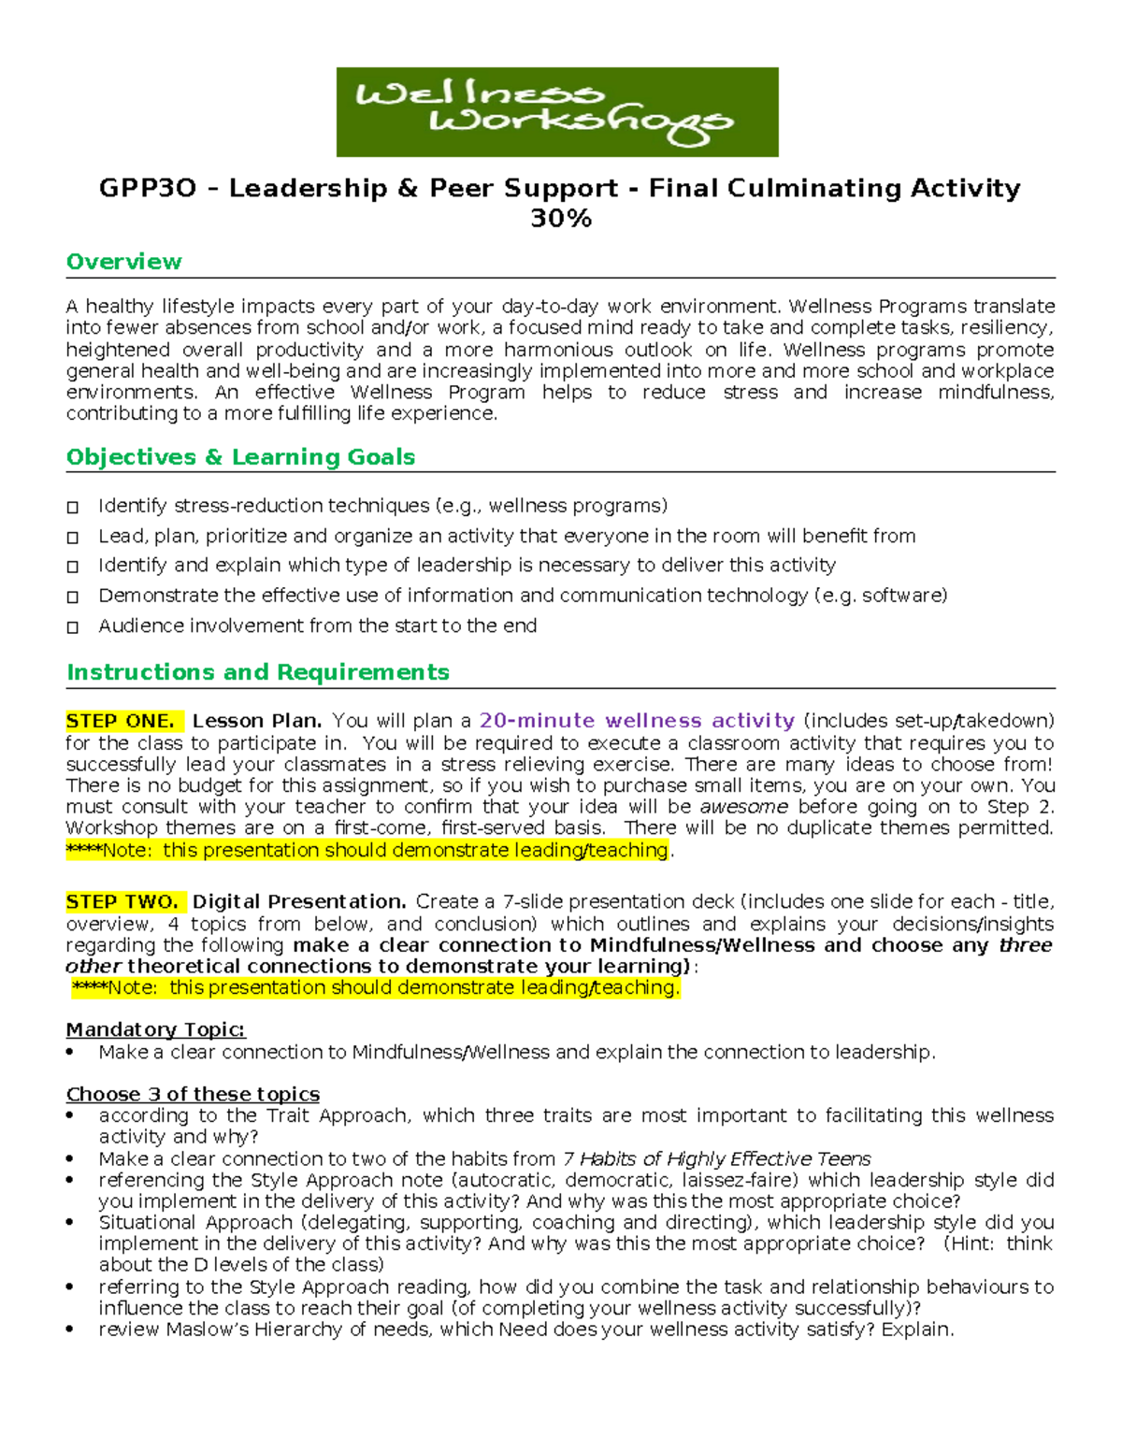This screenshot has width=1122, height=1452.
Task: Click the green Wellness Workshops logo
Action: (x=557, y=111)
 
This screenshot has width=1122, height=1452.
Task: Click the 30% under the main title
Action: (x=560, y=218)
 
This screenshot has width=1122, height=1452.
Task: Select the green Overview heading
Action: (x=123, y=262)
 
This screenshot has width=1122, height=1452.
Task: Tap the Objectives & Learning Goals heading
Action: (x=240, y=457)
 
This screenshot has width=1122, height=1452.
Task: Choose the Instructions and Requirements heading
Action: (x=257, y=672)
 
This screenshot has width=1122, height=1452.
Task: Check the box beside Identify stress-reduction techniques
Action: (x=73, y=508)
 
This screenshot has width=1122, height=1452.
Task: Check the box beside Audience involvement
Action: (x=73, y=627)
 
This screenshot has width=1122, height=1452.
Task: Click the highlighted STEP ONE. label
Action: (x=121, y=721)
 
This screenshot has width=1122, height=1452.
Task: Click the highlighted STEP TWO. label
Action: (x=122, y=902)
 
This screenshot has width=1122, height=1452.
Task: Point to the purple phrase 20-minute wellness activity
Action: (x=637, y=721)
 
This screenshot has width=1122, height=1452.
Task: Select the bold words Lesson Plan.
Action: (x=257, y=721)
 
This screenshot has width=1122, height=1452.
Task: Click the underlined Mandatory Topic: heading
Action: (x=155, y=1029)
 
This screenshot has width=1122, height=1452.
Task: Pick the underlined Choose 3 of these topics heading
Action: (x=193, y=1094)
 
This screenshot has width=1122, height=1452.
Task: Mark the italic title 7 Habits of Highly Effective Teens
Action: (x=716, y=1158)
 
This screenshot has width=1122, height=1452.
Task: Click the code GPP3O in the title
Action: (x=148, y=189)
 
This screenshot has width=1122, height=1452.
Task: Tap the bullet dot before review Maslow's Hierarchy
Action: (x=70, y=1330)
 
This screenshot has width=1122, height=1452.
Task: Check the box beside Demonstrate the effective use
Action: (x=73, y=597)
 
